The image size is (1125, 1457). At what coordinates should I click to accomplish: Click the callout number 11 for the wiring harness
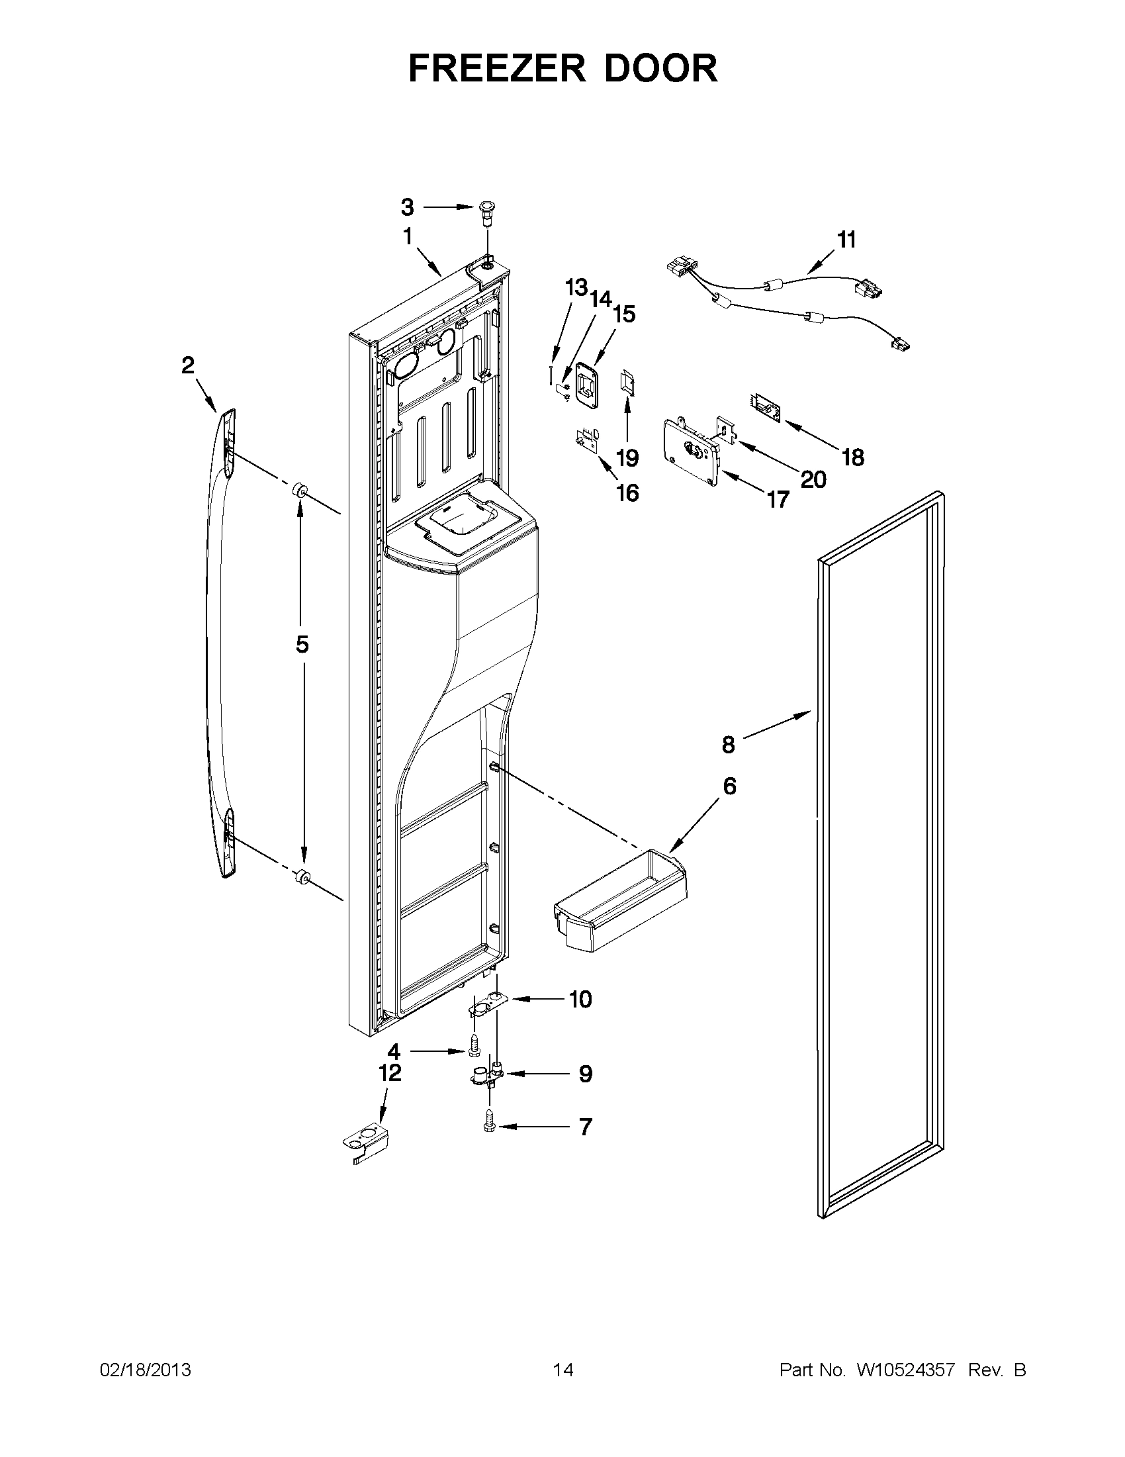click(x=846, y=240)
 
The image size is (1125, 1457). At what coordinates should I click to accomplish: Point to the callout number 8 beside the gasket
click(x=728, y=744)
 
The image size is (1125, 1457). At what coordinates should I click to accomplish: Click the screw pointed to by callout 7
click(x=489, y=1127)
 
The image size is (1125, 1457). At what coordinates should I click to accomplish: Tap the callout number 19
click(x=627, y=457)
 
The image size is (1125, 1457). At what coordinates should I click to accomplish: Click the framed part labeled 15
click(x=585, y=385)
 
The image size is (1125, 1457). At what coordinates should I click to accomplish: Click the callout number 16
click(x=627, y=493)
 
